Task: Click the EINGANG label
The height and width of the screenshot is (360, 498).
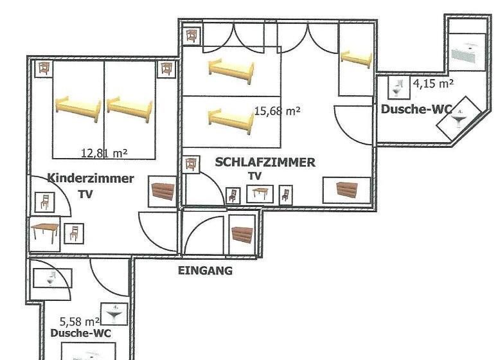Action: tap(205, 271)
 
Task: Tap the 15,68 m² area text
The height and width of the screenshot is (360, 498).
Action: tap(277, 111)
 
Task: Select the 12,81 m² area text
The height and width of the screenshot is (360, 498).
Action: tap(104, 154)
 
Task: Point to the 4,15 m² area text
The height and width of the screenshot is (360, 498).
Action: tap(433, 84)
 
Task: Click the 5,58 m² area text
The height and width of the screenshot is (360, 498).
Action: tap(80, 321)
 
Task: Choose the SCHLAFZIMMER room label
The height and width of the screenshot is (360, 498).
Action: tap(265, 163)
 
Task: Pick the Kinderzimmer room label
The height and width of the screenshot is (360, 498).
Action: tap(91, 178)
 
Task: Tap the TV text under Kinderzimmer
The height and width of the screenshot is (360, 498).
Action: tap(85, 194)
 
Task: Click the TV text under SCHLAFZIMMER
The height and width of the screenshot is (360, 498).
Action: tap(254, 175)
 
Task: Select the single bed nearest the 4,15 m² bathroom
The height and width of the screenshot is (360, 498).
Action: tap(356, 59)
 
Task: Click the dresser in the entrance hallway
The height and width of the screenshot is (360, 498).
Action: tap(242, 235)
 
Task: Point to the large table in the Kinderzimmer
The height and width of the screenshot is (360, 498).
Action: tap(45, 233)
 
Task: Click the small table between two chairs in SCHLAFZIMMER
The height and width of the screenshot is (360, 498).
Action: tap(260, 194)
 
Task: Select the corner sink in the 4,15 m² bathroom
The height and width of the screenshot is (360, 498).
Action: tap(458, 118)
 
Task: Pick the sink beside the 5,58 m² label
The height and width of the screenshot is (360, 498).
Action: tap(114, 314)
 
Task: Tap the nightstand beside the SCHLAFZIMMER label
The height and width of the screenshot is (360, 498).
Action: tap(191, 165)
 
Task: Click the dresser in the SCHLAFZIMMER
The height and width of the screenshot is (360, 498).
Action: tap(347, 190)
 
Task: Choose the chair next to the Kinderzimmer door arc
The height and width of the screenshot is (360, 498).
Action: tap(45, 202)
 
